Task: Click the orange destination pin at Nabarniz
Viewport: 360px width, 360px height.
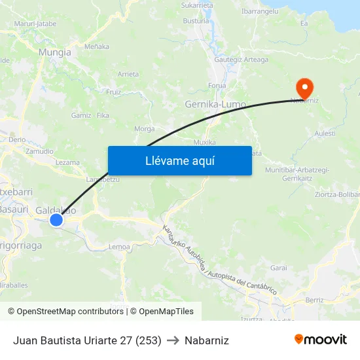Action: [x=304, y=88]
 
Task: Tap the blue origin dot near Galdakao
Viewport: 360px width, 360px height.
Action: [x=56, y=220]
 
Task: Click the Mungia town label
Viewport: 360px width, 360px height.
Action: [x=54, y=52]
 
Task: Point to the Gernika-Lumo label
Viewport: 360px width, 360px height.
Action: [x=215, y=104]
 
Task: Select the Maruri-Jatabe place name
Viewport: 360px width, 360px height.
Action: [x=35, y=24]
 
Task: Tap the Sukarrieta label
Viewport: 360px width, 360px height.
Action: [x=197, y=5]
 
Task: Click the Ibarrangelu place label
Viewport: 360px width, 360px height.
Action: [x=259, y=11]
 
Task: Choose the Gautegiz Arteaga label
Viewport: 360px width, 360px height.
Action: [x=242, y=60]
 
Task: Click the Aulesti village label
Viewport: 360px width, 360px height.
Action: [x=325, y=133]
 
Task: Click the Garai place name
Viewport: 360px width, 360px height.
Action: [x=279, y=268]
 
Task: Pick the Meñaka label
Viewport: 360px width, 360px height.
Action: [x=97, y=46]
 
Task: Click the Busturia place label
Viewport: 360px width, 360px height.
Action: [x=196, y=21]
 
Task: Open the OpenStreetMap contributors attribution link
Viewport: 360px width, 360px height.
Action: [x=67, y=312]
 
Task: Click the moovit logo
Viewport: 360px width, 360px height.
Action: [x=321, y=340]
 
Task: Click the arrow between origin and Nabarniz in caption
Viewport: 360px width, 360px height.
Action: [x=173, y=340]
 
